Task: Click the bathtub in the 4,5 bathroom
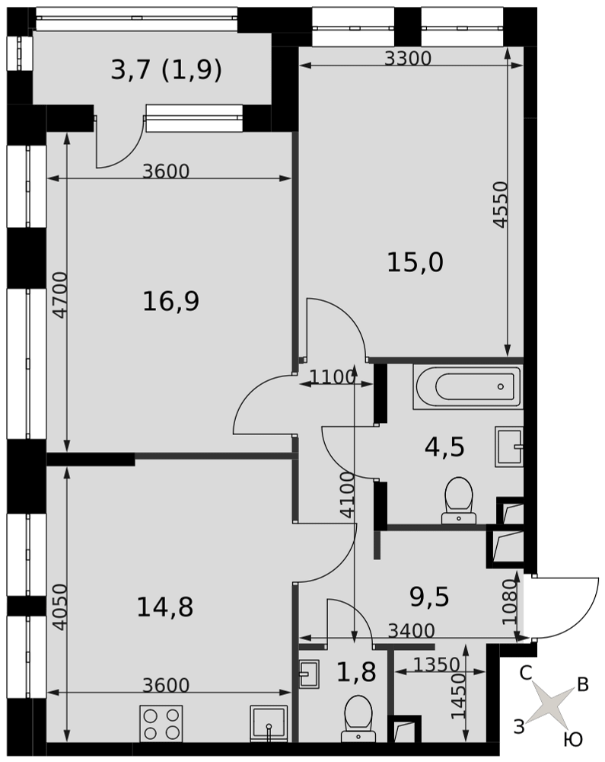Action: click(x=468, y=387)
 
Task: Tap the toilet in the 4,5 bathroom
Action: click(x=458, y=500)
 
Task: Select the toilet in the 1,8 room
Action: click(x=358, y=719)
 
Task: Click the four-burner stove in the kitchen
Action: click(x=161, y=724)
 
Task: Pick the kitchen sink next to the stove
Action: click(x=269, y=724)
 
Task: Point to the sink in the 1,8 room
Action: click(x=308, y=674)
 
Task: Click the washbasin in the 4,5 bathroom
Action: click(x=509, y=447)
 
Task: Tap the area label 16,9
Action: click(x=170, y=301)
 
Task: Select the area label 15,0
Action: click(x=416, y=262)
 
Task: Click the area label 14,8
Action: click(x=165, y=607)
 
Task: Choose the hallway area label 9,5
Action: click(x=430, y=597)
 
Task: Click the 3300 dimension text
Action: click(x=408, y=59)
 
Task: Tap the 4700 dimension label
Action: click(x=60, y=295)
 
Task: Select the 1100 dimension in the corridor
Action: click(x=333, y=377)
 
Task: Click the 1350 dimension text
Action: click(x=437, y=664)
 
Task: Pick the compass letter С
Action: click(x=526, y=674)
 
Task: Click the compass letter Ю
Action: click(x=573, y=740)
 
